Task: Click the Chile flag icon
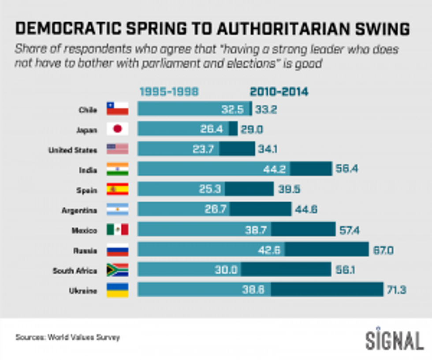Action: [117, 109]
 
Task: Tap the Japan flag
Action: [117, 129]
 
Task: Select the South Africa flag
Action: [117, 270]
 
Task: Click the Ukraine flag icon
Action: [117, 290]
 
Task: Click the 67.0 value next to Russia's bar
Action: [381, 250]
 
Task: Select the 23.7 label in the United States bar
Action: [203, 149]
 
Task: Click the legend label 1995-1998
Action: [169, 92]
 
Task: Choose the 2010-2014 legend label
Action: [279, 92]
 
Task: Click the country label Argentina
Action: [79, 210]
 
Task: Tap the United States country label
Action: [73, 150]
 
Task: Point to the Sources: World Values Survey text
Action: [67, 338]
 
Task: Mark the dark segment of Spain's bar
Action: [249, 189]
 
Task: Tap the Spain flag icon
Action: [117, 189]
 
